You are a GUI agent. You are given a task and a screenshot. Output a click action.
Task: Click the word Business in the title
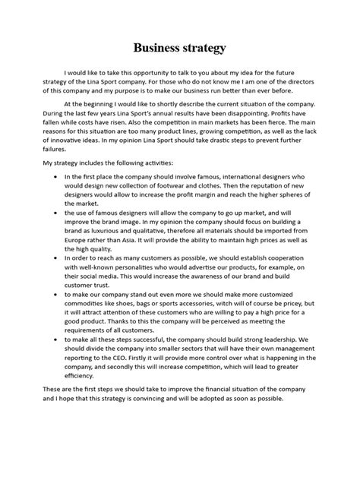pos(159,49)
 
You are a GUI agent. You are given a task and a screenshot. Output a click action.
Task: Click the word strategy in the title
pos(204,49)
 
